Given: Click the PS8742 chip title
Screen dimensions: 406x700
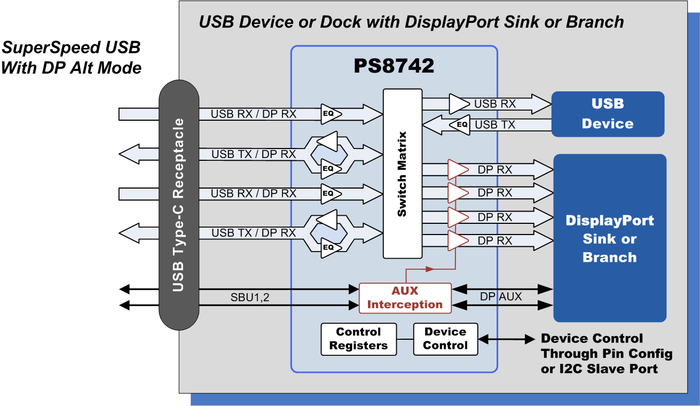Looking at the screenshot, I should pyautogui.click(x=394, y=66).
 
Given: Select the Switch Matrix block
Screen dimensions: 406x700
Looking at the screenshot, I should pyautogui.click(x=403, y=174).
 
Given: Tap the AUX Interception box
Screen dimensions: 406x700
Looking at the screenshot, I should pyautogui.click(x=405, y=298).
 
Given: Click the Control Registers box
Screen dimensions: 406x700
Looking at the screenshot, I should pyautogui.click(x=358, y=339).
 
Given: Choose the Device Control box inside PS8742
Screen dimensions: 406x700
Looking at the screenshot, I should pyautogui.click(x=445, y=339).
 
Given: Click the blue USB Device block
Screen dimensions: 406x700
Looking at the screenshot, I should pyautogui.click(x=607, y=114).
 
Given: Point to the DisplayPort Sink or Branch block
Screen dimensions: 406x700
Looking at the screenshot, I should pyautogui.click(x=609, y=238).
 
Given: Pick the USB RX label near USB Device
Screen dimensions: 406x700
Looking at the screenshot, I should pyautogui.click(x=495, y=104).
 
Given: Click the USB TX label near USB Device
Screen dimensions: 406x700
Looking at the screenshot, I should pyautogui.click(x=495, y=125).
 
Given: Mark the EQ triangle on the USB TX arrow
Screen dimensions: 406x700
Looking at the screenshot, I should pyautogui.click(x=460, y=125).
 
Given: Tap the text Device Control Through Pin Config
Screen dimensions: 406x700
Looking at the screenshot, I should pyautogui.click(x=606, y=346).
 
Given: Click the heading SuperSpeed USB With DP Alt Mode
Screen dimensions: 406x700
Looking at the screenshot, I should pyautogui.click(x=72, y=58).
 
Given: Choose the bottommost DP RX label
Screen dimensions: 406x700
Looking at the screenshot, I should pyautogui.click(x=495, y=241).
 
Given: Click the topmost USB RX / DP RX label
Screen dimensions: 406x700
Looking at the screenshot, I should pyautogui.click(x=253, y=114).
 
